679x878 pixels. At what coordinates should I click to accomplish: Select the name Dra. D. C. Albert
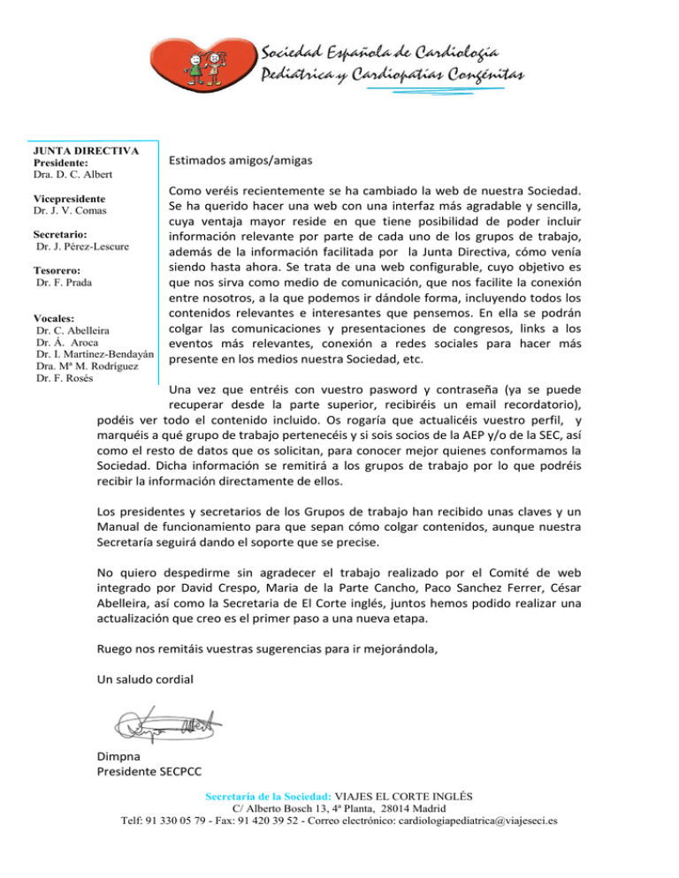pyautogui.click(x=66, y=176)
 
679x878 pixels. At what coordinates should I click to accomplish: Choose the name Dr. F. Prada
pyautogui.click(x=66, y=284)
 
